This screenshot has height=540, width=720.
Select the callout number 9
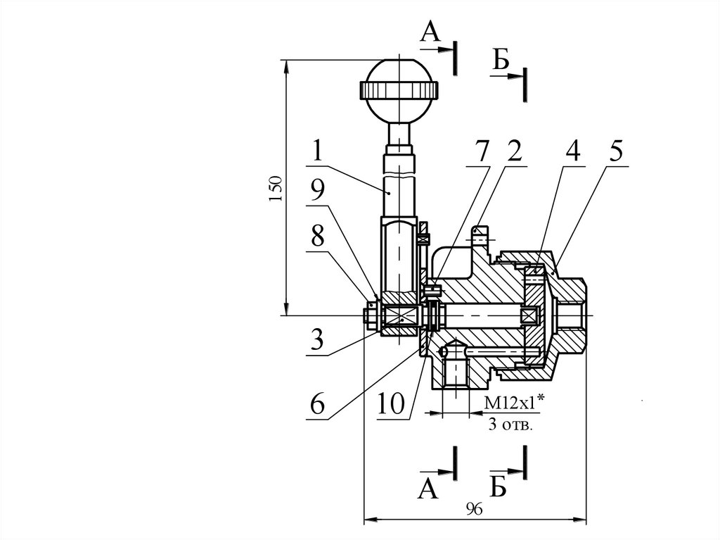[x=317, y=191]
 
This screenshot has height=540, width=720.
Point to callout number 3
[x=317, y=341]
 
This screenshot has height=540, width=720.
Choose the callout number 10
[x=390, y=404]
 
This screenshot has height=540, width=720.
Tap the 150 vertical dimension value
[x=276, y=188]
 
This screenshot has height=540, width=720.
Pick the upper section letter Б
[x=500, y=62]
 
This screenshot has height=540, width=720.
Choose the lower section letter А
[x=428, y=488]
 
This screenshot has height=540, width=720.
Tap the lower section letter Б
[x=499, y=486]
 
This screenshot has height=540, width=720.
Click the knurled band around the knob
[x=399, y=89]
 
